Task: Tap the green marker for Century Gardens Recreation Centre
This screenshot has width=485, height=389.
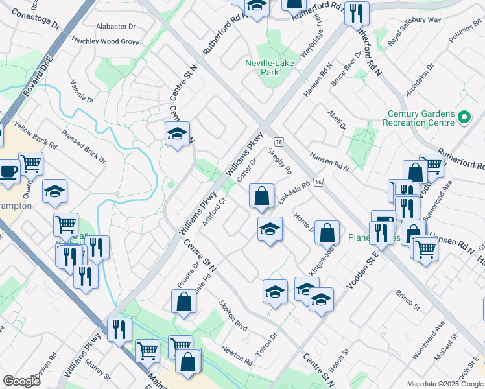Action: click(x=464, y=118)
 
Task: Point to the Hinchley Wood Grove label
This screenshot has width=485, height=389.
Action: click(x=106, y=41)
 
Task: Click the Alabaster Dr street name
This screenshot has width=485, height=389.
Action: click(x=115, y=27)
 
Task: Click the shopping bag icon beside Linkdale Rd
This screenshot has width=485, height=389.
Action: click(x=261, y=196)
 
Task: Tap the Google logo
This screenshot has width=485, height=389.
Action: click(x=21, y=381)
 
